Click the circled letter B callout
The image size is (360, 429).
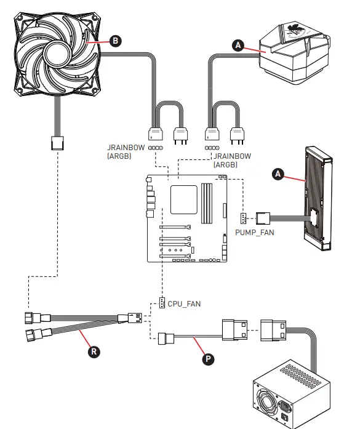[x=114, y=41]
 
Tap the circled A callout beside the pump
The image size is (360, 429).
[x=238, y=44]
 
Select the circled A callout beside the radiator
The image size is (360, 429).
[x=279, y=175]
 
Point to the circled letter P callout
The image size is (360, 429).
[x=209, y=359]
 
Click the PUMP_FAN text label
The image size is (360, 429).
[x=254, y=233]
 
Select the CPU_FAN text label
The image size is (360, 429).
[x=184, y=303]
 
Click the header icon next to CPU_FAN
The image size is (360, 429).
[x=162, y=303]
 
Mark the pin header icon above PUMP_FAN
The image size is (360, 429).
[x=244, y=219]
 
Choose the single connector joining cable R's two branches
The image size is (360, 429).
[x=135, y=319]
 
